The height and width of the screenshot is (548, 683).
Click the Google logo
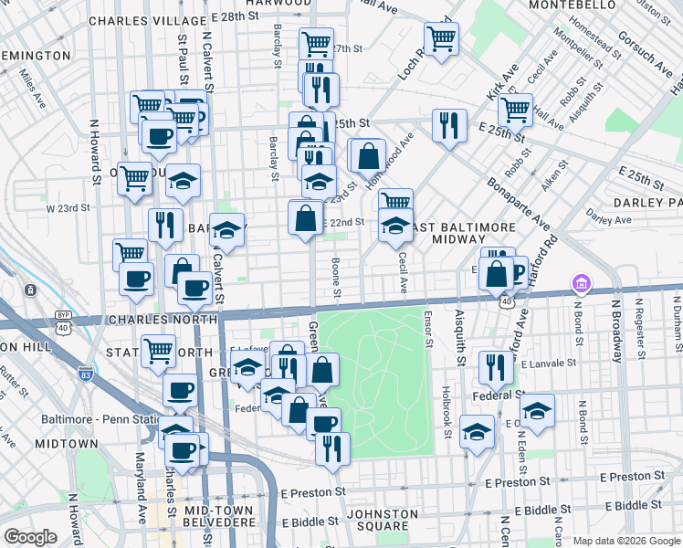click(x=31, y=537)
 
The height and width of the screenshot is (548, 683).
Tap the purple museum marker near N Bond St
click(x=580, y=285)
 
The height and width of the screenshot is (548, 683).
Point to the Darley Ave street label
click(x=609, y=220)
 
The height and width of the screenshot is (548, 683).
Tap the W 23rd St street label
click(x=68, y=208)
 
